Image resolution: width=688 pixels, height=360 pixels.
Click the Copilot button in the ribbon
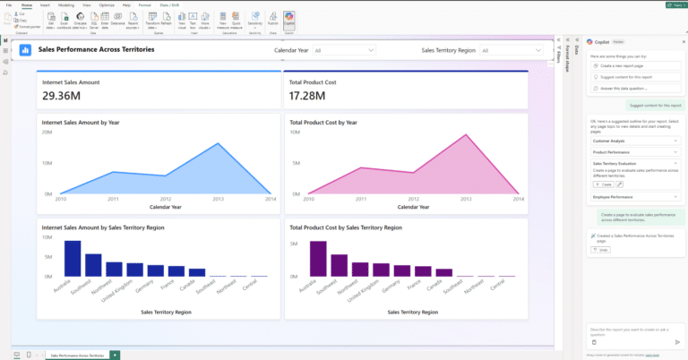tap(289, 18)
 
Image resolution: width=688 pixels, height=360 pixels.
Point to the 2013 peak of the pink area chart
tap(464, 136)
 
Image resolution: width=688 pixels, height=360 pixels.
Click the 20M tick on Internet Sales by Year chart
tap(47, 132)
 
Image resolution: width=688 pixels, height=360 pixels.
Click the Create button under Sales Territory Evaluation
tap(601, 184)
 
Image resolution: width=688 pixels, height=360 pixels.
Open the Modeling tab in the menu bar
tap(65, 4)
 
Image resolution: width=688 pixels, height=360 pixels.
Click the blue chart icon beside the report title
tap(26, 49)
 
